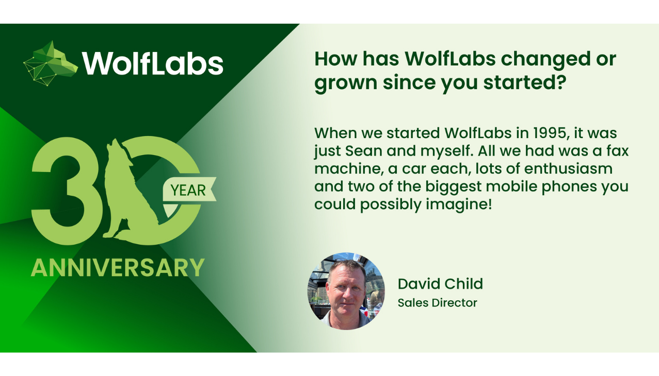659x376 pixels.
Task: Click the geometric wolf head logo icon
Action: (51, 63)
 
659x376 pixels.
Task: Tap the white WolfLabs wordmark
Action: (153, 64)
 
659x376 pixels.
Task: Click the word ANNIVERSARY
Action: (118, 267)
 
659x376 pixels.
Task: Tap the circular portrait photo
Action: (346, 291)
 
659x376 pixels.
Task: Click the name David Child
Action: (440, 284)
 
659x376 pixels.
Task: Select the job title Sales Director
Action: (438, 303)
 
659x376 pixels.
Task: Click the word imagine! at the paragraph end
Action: (459, 205)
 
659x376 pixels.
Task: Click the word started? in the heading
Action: (525, 82)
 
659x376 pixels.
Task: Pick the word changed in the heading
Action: (546, 60)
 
